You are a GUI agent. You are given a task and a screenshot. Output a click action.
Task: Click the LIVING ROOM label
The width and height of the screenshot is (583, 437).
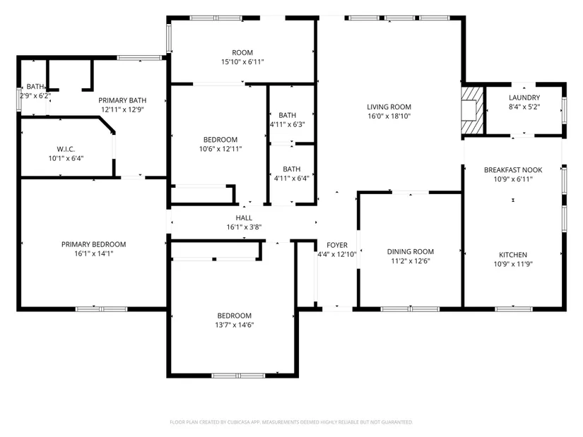coord(389,107)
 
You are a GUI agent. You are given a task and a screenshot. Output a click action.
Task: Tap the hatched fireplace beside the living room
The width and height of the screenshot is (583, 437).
coord(473,110)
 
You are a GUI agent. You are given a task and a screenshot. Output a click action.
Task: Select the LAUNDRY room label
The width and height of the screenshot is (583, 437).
coord(524,97)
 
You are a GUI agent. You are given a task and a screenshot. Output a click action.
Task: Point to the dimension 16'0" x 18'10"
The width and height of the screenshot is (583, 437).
coord(389,116)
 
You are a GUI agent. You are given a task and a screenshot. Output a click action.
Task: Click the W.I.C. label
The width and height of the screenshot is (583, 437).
coord(66,150)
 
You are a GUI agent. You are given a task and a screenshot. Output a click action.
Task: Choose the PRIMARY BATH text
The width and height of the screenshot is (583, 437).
coord(122,100)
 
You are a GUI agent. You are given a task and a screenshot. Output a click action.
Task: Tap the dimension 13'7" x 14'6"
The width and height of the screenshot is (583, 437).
coord(234,325)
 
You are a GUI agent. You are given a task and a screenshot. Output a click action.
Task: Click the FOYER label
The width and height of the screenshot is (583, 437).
coord(337,245)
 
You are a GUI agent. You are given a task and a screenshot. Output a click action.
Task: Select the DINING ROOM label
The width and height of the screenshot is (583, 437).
coord(411,252)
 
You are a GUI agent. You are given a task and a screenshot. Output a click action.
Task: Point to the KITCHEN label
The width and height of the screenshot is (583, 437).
coord(513,255)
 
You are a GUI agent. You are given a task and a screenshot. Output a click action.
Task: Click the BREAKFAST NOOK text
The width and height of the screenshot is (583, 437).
coord(513,170)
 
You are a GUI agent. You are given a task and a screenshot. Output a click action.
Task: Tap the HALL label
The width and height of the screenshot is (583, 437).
coord(244,218)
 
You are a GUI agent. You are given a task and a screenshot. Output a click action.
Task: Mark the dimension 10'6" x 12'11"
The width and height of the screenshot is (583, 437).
coord(220,149)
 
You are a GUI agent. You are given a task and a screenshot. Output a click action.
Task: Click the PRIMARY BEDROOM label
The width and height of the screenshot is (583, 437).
coord(94,244)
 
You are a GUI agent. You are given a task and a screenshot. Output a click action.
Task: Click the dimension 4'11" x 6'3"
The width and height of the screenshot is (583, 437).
coord(288,124)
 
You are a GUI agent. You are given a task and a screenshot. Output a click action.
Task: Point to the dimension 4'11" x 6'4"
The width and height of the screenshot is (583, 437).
coord(291,179)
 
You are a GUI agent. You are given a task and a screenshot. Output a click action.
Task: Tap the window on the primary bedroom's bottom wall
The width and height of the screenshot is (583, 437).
coord(102,309)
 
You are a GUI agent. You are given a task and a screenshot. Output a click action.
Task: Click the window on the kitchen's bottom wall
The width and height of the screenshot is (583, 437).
coord(514,309)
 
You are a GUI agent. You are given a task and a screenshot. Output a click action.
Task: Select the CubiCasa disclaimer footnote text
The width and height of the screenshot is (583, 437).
coord(291,422)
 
